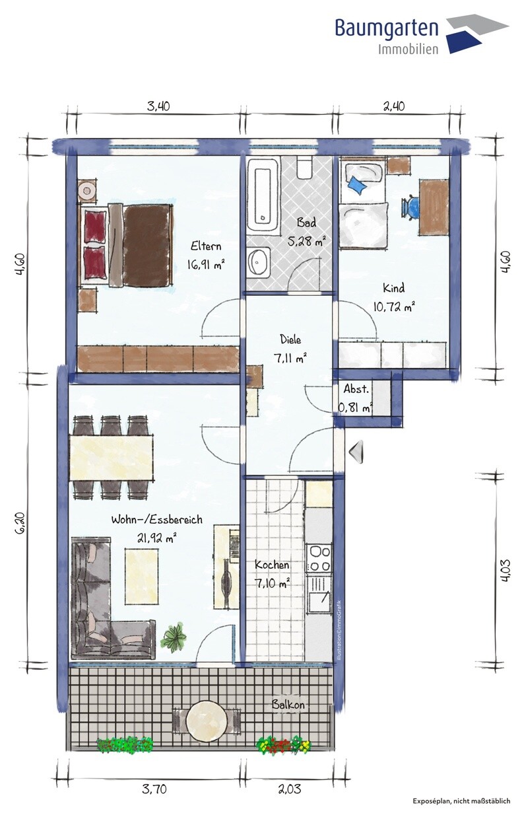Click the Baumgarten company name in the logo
click(386, 28)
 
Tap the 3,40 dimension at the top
click(158, 106)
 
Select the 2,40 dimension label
click(394, 106)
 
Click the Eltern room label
click(206, 246)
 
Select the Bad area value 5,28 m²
click(307, 241)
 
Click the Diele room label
click(290, 339)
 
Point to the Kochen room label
click(272, 565)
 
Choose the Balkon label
click(288, 705)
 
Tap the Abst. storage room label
click(356, 389)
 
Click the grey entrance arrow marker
click(356, 452)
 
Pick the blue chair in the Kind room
click(411, 207)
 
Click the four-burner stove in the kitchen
click(319, 558)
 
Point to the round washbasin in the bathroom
click(259, 262)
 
